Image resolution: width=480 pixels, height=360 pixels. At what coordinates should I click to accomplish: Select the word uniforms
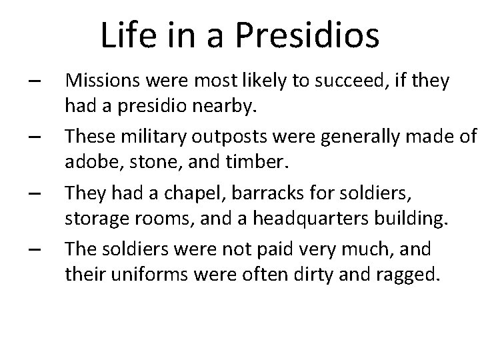[139, 273]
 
